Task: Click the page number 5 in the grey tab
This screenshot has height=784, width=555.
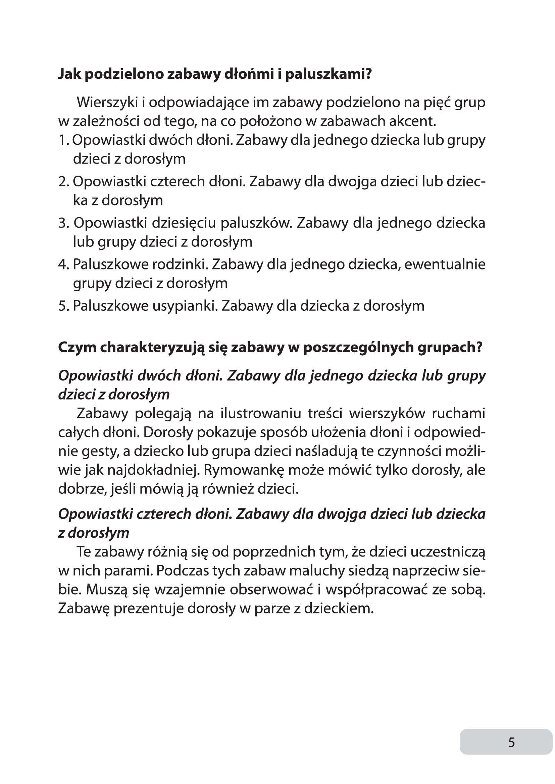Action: (x=511, y=742)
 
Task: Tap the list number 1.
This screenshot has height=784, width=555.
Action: (x=63, y=140)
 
